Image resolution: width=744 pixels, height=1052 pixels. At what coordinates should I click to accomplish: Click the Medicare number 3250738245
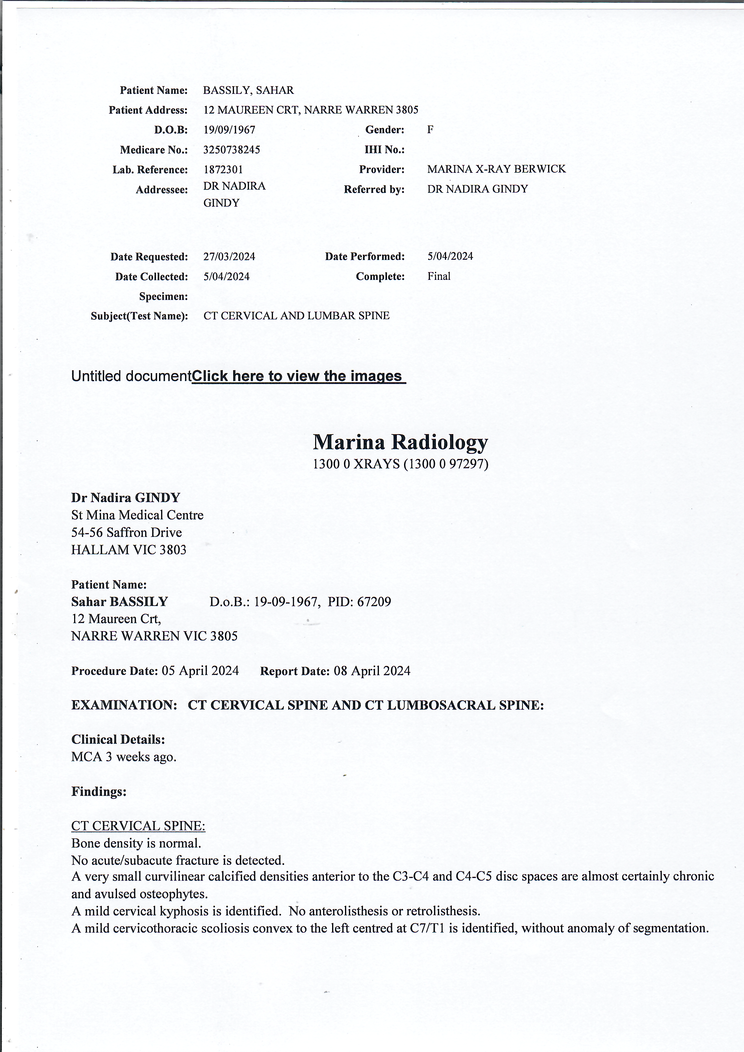point(231,150)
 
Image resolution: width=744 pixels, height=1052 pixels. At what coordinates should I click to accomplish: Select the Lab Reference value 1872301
point(223,169)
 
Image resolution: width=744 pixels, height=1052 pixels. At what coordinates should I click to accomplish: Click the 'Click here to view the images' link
point(298,376)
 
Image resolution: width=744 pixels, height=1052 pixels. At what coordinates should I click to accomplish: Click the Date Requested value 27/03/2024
point(229,256)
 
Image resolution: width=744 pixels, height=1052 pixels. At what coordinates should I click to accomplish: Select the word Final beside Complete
point(439,276)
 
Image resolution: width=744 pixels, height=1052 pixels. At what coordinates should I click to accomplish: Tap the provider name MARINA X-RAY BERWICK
point(496,169)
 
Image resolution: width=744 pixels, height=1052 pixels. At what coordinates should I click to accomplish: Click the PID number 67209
point(374,602)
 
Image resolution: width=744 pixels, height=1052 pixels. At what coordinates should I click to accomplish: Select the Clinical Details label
point(118,739)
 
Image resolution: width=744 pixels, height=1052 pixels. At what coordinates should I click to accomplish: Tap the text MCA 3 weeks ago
point(124,757)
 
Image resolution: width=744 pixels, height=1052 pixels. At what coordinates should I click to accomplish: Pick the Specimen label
point(163,296)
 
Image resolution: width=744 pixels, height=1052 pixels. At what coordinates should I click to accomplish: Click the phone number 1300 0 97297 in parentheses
point(446,464)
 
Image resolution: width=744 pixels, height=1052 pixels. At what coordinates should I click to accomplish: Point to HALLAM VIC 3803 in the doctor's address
point(129,550)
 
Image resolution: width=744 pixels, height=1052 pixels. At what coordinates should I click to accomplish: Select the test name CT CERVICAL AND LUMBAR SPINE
point(296,316)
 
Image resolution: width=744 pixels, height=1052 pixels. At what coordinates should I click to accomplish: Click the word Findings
point(98,791)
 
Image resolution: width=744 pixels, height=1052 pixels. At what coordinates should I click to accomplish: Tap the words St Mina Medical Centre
point(137,515)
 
